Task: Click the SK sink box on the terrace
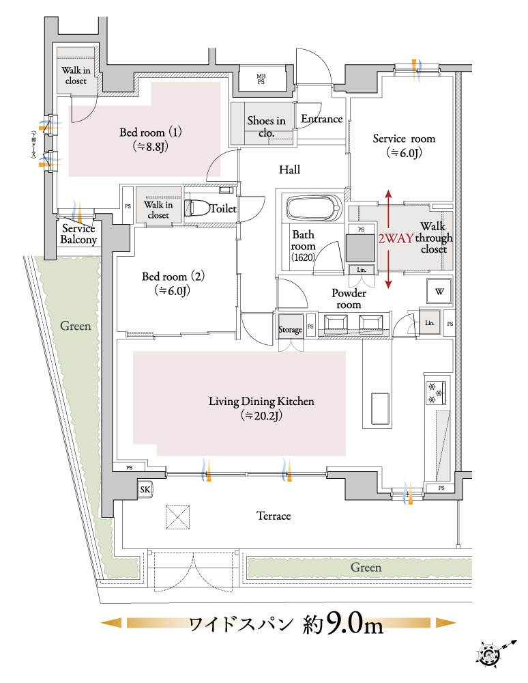[145, 489]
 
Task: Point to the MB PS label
[261, 79]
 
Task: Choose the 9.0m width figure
[354, 623]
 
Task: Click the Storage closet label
[290, 330]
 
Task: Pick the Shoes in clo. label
[266, 126]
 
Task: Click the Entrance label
[321, 119]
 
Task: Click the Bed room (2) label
[173, 283]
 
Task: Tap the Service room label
[403, 145]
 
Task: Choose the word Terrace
[273, 516]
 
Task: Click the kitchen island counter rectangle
[380, 410]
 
